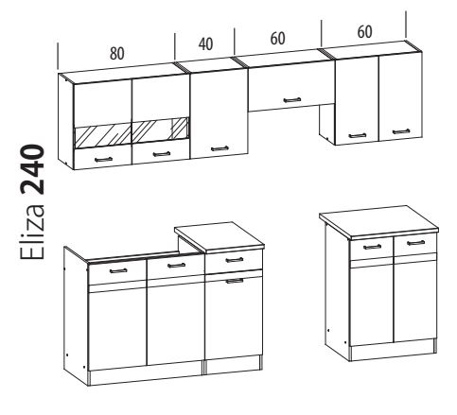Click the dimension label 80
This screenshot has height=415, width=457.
pos(117,53)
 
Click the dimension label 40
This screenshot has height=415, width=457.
pos(205,44)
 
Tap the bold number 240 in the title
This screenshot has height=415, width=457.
pos(32,169)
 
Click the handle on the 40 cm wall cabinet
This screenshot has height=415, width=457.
pos(220,148)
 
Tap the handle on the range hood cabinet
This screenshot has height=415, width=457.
pos(292,100)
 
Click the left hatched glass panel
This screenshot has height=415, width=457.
pos(102,136)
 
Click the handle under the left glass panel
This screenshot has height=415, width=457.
pos(103,159)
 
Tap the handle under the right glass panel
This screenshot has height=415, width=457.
pos(162,154)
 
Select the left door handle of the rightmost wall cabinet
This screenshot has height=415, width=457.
pos(358,135)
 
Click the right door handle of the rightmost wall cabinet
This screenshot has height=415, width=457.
pos(401,131)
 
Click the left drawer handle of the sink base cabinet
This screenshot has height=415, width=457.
pos(118,270)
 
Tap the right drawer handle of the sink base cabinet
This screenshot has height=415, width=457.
pos(176,266)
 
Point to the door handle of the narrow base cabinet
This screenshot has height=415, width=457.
pos(235,281)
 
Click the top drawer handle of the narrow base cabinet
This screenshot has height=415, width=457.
pos(235,260)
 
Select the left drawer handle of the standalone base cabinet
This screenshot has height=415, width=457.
pos(372,247)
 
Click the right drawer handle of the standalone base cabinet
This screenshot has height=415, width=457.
pos(415,243)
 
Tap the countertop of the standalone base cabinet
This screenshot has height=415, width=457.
pos(378,222)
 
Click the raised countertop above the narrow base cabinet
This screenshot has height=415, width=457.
pos(220,235)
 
